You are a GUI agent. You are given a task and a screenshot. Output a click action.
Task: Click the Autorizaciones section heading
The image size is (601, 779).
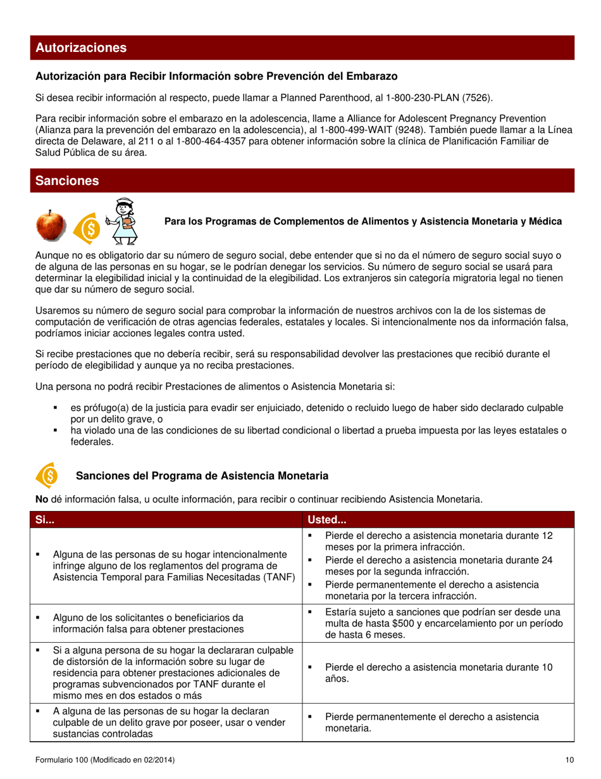pos(81,48)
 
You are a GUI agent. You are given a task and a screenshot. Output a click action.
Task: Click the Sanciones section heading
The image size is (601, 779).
pos(67,181)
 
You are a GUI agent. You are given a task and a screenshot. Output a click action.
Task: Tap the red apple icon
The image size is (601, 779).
pos(50,225)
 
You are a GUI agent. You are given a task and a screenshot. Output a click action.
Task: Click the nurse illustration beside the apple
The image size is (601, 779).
pos(121,221)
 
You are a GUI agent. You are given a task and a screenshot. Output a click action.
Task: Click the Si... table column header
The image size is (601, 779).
pos(45,519)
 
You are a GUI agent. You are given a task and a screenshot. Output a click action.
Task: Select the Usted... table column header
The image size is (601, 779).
pos(326,519)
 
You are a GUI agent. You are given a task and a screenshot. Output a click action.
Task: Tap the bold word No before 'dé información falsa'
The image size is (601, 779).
pos(42,500)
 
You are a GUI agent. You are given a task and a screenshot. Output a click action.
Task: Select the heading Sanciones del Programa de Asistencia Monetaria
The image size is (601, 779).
pos(201,476)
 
